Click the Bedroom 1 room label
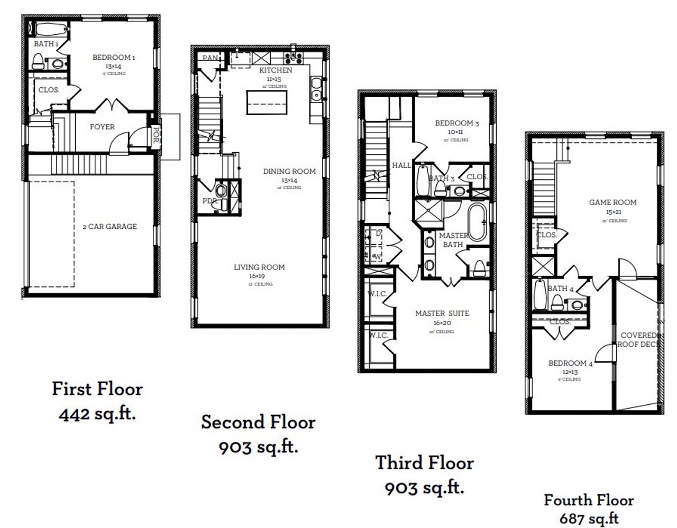click(114, 57)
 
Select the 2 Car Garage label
click(109, 226)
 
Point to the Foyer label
click(102, 127)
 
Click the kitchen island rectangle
click(267, 103)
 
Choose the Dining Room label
click(289, 171)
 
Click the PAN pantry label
click(210, 58)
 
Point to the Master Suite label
click(442, 313)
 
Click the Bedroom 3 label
click(457, 123)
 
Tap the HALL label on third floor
click(401, 165)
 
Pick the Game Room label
click(612, 202)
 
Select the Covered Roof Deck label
click(638, 339)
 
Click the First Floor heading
click(97, 389)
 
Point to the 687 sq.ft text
click(589, 518)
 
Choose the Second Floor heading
click(258, 422)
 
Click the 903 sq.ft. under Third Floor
click(425, 487)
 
